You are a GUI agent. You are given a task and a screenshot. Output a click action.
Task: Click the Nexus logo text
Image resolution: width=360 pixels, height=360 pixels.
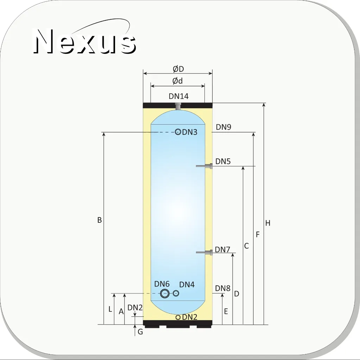coord(84,41)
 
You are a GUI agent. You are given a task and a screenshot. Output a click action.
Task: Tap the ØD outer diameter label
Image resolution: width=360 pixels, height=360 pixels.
coord(178,69)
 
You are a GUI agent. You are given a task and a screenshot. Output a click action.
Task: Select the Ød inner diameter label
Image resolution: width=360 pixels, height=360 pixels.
coord(177,81)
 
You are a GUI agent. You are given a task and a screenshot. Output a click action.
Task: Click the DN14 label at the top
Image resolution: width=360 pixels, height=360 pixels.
coord(179,96)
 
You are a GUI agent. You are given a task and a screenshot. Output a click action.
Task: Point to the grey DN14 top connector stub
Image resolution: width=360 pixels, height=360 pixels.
coord(178,107)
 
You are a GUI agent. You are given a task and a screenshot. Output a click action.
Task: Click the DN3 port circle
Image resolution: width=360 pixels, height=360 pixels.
coord(178,132)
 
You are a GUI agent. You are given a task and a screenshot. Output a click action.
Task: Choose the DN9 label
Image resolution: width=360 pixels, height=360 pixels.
coord(223,127)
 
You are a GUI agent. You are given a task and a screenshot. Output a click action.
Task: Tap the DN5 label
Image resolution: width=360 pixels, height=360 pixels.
coord(223,162)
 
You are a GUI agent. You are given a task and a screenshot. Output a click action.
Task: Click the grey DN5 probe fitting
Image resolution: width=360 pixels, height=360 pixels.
coord(204,166)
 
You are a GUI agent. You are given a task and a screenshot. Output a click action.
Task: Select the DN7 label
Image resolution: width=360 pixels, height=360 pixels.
coord(222,250)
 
